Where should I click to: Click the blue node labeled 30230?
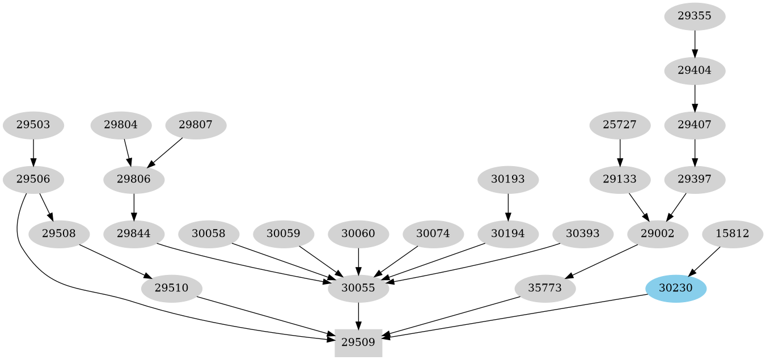click(x=675, y=288)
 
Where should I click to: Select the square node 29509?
click(x=358, y=342)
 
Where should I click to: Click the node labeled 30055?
click(x=358, y=288)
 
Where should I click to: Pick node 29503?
click(x=33, y=125)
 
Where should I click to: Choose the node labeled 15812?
click(x=732, y=234)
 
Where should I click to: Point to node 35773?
click(x=545, y=288)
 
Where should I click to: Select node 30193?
click(x=508, y=180)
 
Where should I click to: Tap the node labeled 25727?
click(x=620, y=125)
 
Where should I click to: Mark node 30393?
click(x=582, y=234)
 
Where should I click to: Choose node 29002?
click(x=658, y=234)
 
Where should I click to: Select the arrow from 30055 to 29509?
click(x=358, y=315)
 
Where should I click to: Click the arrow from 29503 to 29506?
click(x=33, y=152)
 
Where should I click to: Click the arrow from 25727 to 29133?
click(x=620, y=152)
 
